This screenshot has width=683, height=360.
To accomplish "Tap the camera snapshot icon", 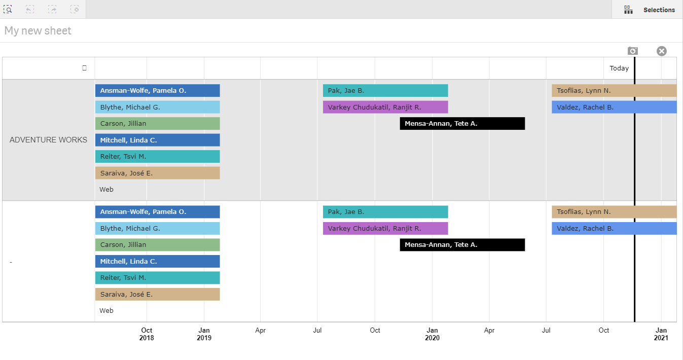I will tap(632, 51).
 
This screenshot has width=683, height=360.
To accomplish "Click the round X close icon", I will tap(661, 51).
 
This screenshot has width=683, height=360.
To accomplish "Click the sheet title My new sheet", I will tap(38, 31).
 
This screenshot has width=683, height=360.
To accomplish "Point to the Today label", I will tap(619, 68).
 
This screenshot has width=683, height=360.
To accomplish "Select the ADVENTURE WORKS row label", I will tap(48, 140).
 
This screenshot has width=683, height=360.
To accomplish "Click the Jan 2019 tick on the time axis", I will tap(204, 334).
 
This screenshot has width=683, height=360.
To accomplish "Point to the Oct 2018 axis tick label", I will tap(147, 334).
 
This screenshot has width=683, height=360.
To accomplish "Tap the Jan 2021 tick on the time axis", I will tap(661, 334).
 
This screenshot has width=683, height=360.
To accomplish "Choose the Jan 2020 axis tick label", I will tap(432, 334).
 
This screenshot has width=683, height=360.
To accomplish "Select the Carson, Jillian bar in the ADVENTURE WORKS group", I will tap(157, 124).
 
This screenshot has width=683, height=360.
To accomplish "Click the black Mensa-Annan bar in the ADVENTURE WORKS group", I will tap(462, 124).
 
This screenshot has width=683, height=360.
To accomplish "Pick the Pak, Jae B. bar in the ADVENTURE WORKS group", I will tap(385, 91).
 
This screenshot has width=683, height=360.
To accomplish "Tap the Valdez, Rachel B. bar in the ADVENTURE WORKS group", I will tap(614, 107).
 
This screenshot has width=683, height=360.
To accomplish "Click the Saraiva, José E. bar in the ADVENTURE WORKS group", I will tap(157, 173).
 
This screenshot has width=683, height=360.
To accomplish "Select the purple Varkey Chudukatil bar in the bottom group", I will tap(385, 229).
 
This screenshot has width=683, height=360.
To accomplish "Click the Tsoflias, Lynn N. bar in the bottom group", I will tap(614, 212).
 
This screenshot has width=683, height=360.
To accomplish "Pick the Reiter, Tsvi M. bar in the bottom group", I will tap(157, 278).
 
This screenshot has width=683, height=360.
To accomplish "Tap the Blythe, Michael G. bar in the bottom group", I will tap(157, 229).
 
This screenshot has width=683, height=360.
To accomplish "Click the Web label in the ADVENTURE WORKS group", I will tap(106, 190).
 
